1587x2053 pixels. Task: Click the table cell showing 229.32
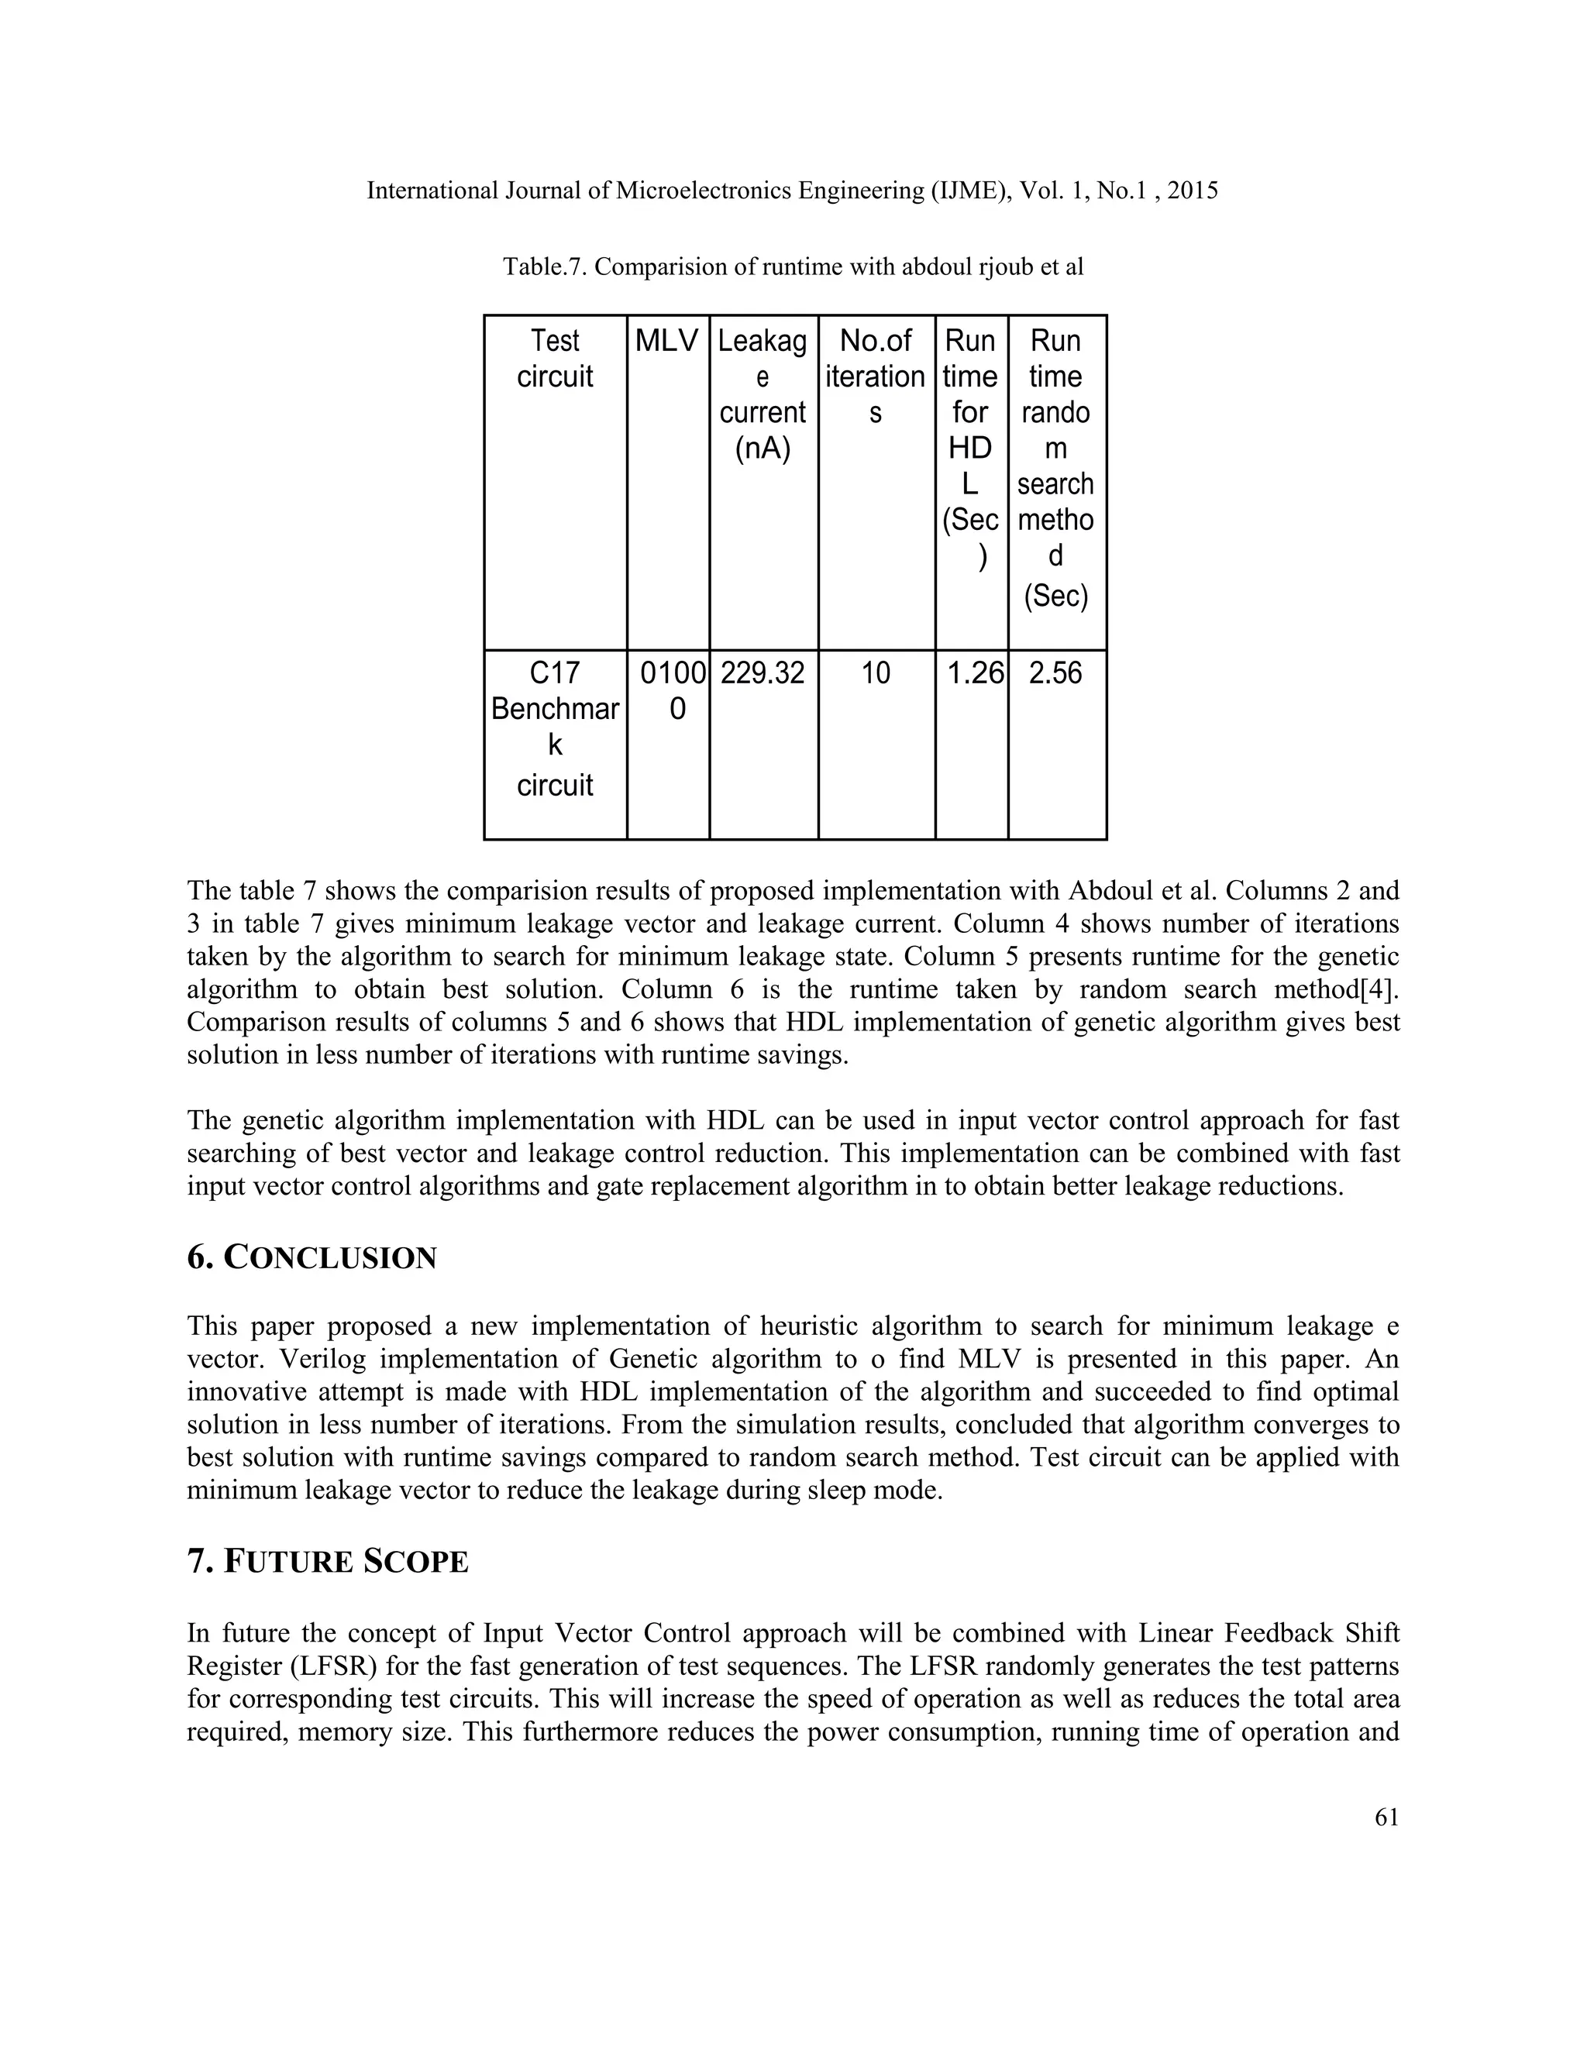(x=763, y=673)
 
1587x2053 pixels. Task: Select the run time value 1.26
(x=973, y=673)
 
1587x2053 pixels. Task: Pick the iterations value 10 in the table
(x=876, y=673)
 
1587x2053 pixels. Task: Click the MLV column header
(x=666, y=340)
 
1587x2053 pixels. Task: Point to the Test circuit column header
(x=555, y=358)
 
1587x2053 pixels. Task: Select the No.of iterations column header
(x=876, y=376)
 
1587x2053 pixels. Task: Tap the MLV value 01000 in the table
(x=671, y=690)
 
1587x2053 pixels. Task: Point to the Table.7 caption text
(x=793, y=267)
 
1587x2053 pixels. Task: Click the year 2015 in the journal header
(x=1192, y=191)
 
